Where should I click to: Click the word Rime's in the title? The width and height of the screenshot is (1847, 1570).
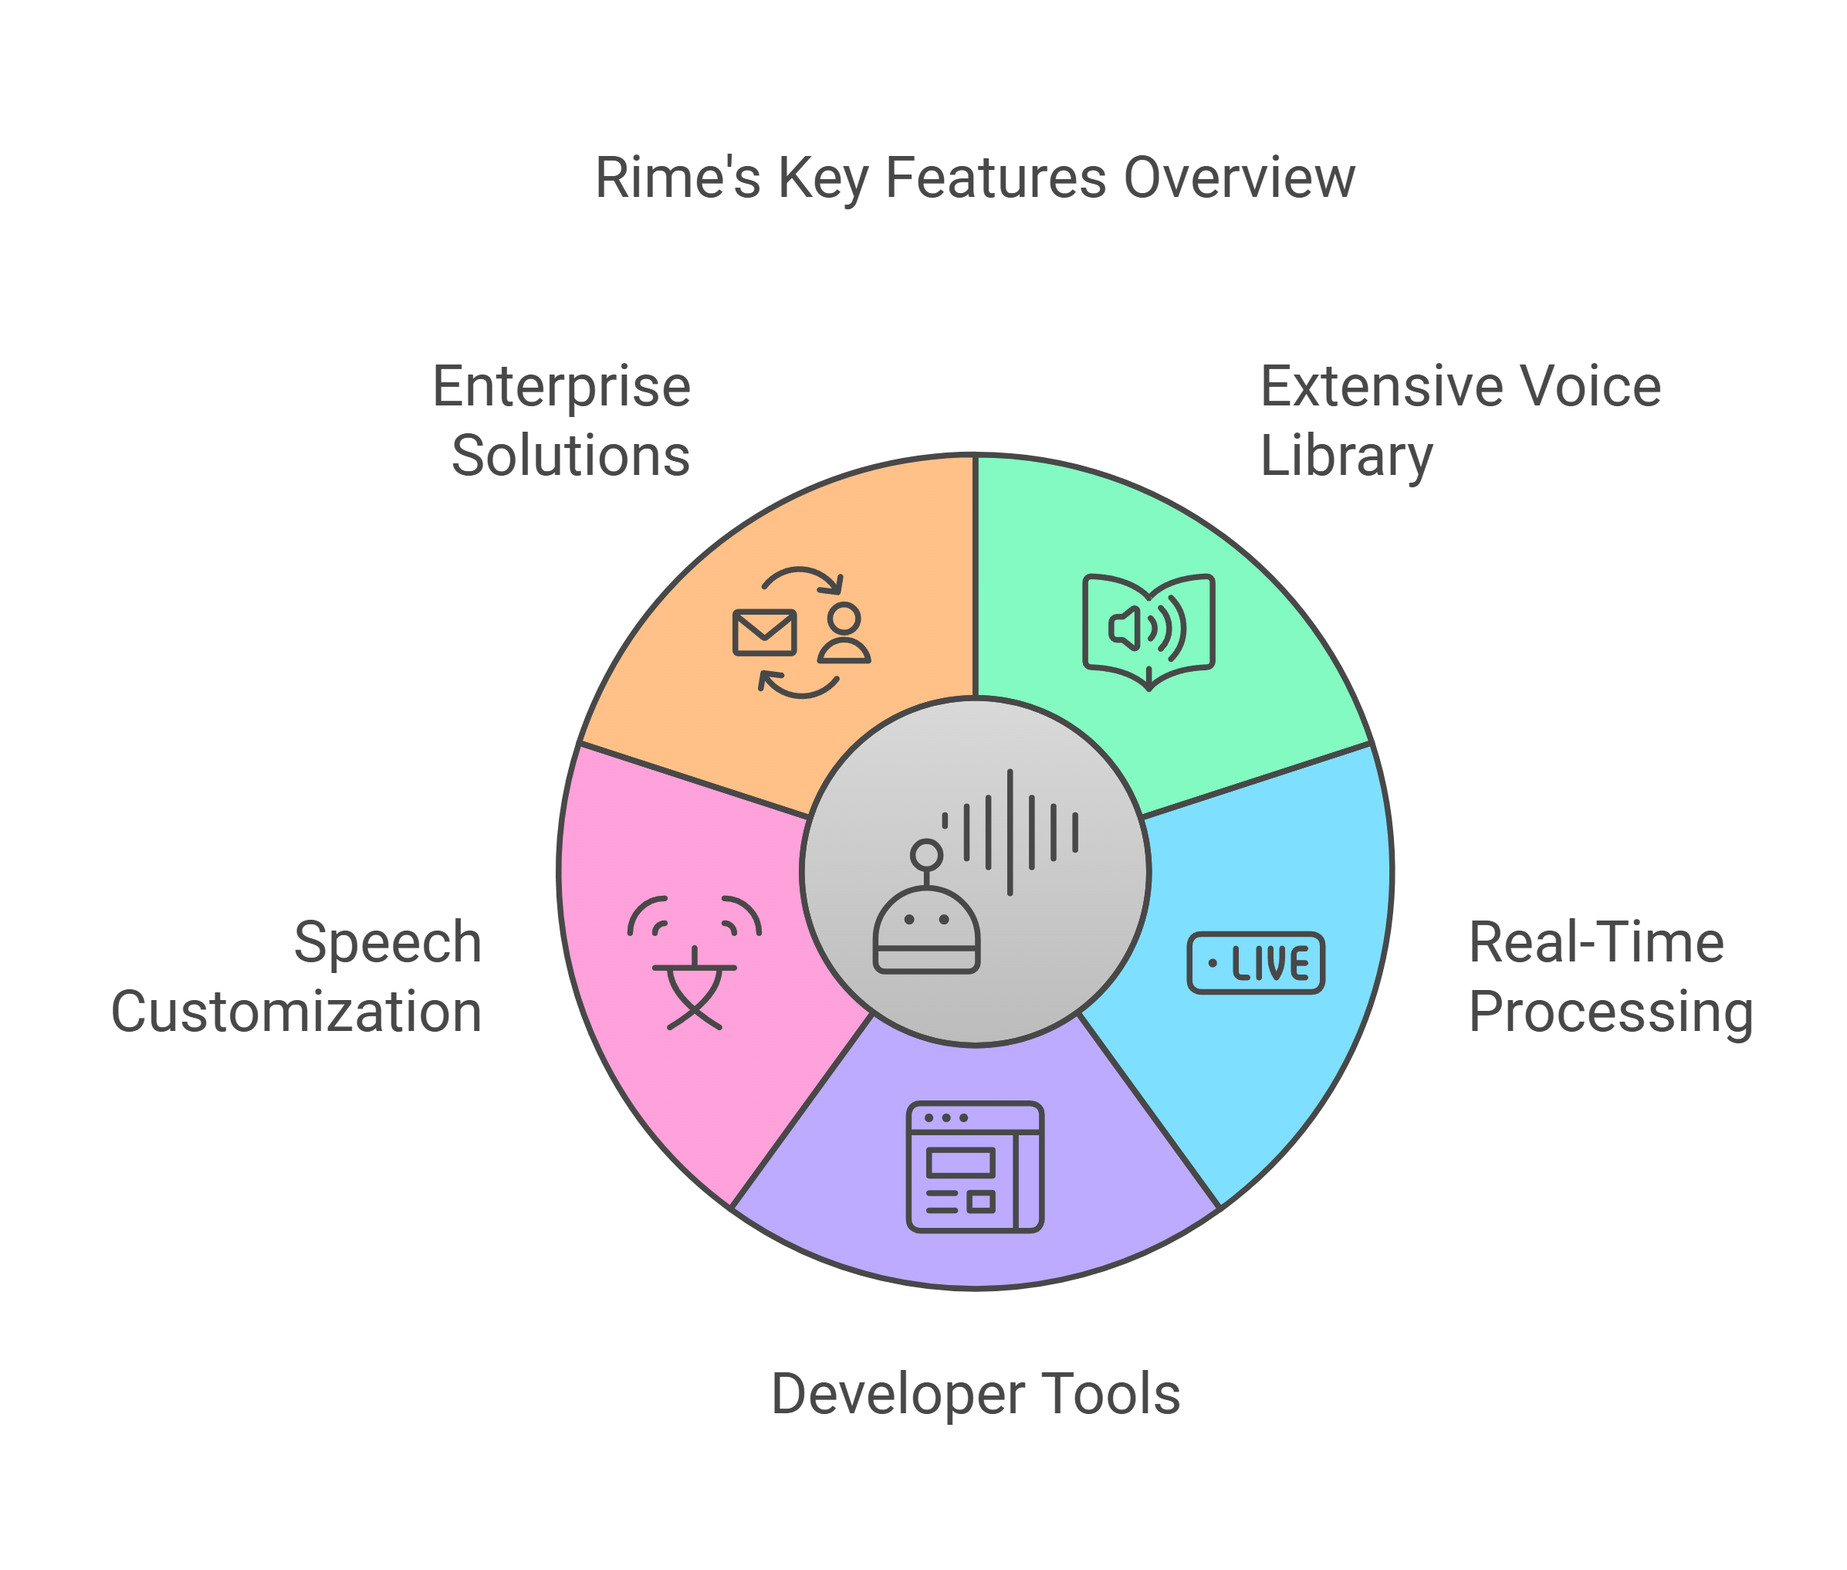point(677,177)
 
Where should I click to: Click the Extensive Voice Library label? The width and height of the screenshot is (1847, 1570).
point(1459,420)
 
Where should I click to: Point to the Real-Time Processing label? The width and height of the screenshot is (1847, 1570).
point(1609,976)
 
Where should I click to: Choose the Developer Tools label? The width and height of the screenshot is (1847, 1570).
point(975,1394)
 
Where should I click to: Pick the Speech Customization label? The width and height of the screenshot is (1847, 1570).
point(297,976)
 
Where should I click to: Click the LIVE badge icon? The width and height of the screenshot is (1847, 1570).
point(1255,963)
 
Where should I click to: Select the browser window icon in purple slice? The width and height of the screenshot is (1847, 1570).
point(974,1167)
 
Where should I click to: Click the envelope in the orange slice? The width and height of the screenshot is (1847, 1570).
point(763,632)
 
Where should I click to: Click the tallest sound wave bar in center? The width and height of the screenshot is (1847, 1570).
point(1010,832)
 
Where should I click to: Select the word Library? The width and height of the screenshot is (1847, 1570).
point(1345,456)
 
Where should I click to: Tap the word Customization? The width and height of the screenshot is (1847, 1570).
point(297,1012)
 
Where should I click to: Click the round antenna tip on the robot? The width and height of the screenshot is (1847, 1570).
point(926,854)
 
